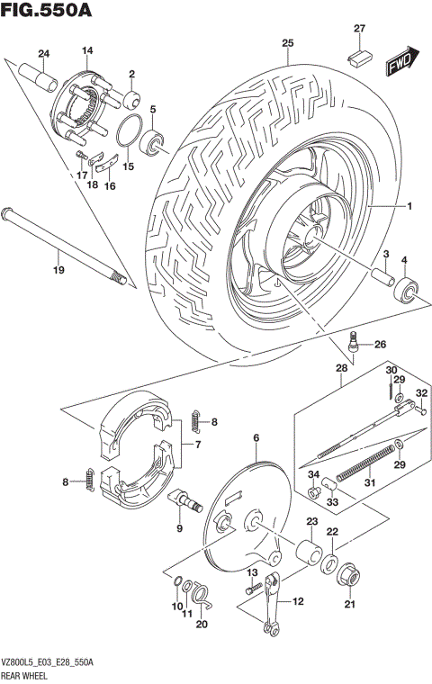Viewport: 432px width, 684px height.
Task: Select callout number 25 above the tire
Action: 288,43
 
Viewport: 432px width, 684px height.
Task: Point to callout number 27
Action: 359,29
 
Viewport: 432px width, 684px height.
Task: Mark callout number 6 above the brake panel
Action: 256,438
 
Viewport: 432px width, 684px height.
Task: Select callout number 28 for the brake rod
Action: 342,369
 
